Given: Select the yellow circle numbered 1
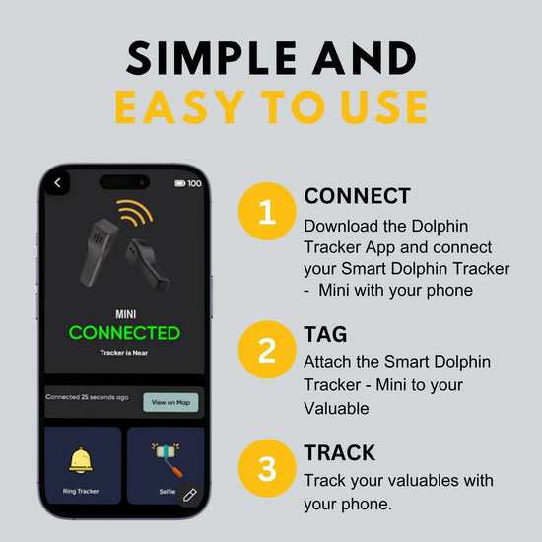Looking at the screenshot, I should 266,212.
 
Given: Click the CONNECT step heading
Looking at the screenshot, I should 357,196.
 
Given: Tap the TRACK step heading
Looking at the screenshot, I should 339,453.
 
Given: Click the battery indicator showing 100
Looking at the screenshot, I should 187,183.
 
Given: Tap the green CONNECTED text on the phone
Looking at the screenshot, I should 124,333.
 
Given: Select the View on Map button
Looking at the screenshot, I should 170,402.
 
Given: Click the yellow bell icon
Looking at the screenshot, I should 81,458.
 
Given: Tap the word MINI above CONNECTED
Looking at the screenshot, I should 124,314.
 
